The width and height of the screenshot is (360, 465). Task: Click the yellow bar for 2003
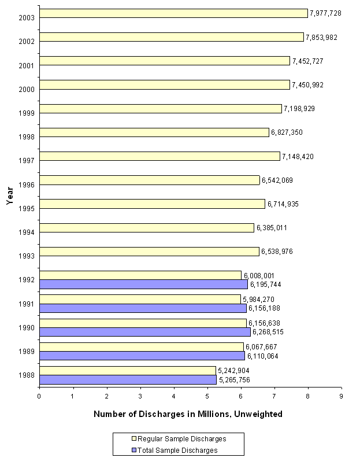coord(173,13)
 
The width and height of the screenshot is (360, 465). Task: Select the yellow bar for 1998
coord(154,132)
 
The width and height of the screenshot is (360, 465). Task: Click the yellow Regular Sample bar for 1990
coord(142,323)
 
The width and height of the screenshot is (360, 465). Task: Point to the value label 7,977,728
coord(325,13)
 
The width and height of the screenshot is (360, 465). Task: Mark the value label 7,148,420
coord(298,157)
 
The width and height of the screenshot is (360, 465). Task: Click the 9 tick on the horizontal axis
coord(341,396)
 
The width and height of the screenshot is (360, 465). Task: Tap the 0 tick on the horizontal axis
coord(39,396)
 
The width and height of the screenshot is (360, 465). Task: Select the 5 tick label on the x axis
coord(207,396)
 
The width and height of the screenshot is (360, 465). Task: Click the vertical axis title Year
coord(10,196)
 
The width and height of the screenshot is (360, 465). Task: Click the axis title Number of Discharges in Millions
coord(188,414)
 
